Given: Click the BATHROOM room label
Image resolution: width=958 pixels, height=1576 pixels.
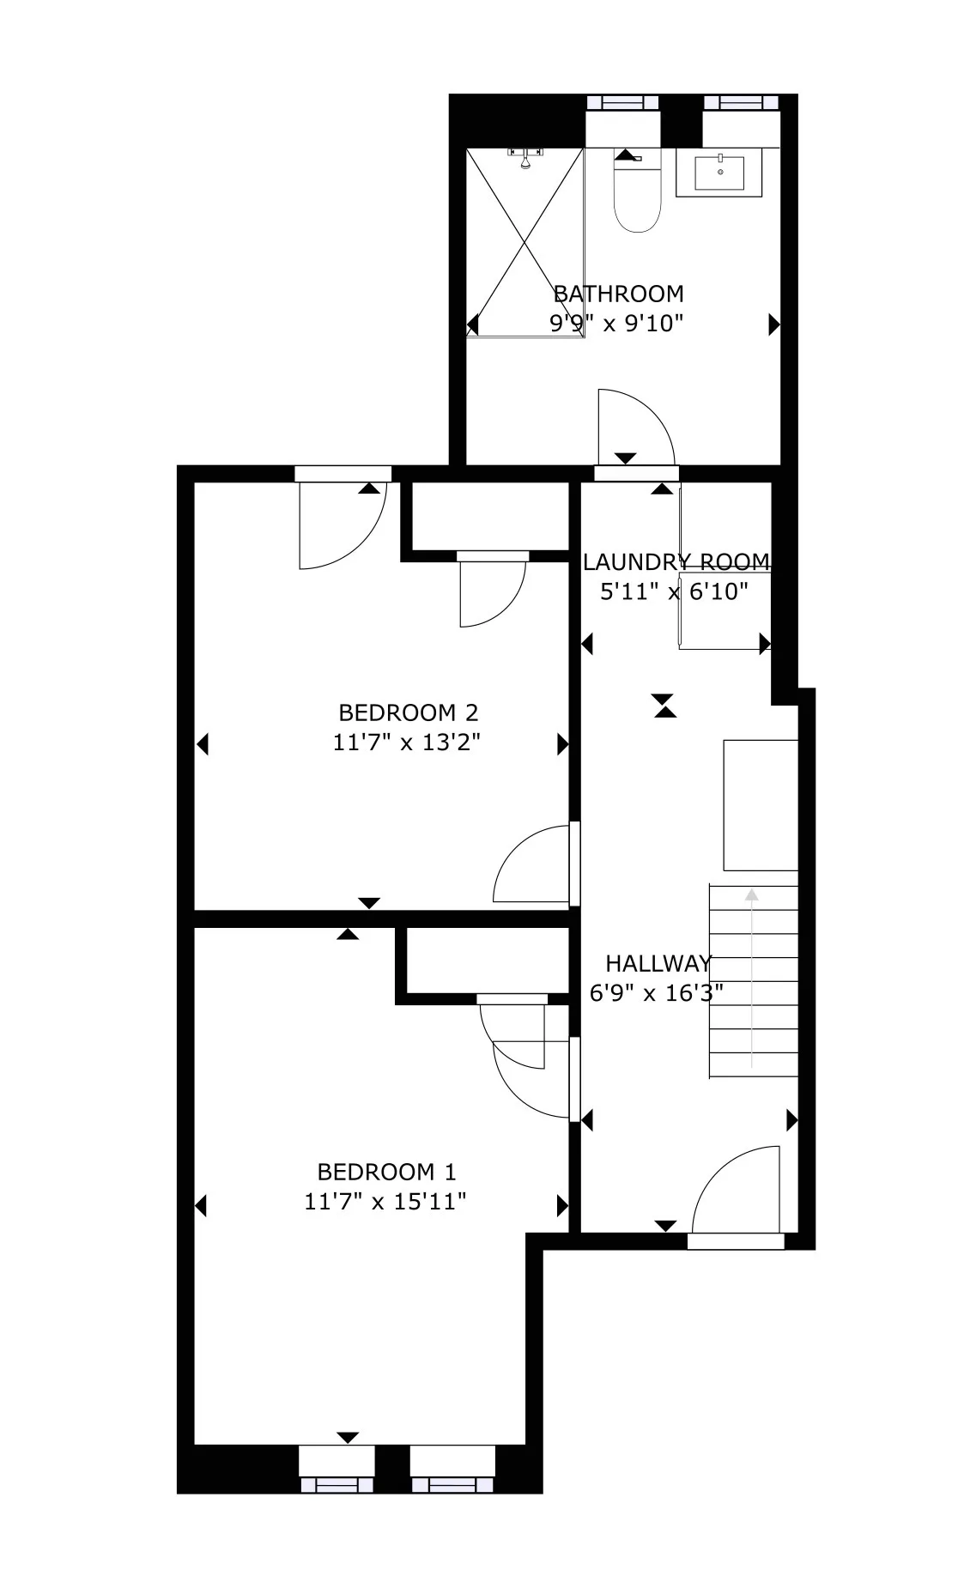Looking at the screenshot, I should coord(618,294).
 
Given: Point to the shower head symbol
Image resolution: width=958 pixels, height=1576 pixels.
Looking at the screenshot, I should coord(525,157).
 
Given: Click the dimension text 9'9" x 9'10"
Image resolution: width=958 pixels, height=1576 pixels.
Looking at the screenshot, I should coord(616,324).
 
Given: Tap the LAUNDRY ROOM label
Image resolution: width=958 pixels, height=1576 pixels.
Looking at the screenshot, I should coord(676,562).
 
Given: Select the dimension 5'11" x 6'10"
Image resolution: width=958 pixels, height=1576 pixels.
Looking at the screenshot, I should coord(674,591).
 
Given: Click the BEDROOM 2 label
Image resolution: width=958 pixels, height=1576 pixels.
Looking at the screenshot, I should coord(408,712).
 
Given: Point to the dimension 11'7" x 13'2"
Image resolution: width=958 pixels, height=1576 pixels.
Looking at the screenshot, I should coord(406,742).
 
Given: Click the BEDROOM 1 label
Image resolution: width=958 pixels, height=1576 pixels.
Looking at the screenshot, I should coord(386,1172).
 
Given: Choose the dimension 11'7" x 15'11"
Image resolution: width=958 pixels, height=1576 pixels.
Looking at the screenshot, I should coord(385,1201).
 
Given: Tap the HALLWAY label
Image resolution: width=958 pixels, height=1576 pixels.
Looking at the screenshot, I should coord(658,963).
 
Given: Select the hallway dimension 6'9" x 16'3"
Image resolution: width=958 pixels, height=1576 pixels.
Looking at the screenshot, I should coord(657,993).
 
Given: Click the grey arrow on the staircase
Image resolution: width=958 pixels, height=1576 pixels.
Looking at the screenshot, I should coord(752,979).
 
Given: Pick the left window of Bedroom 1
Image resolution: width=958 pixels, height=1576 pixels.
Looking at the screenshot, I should coord(337,1484).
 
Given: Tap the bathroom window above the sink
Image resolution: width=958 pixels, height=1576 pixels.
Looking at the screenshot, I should coord(741,102).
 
